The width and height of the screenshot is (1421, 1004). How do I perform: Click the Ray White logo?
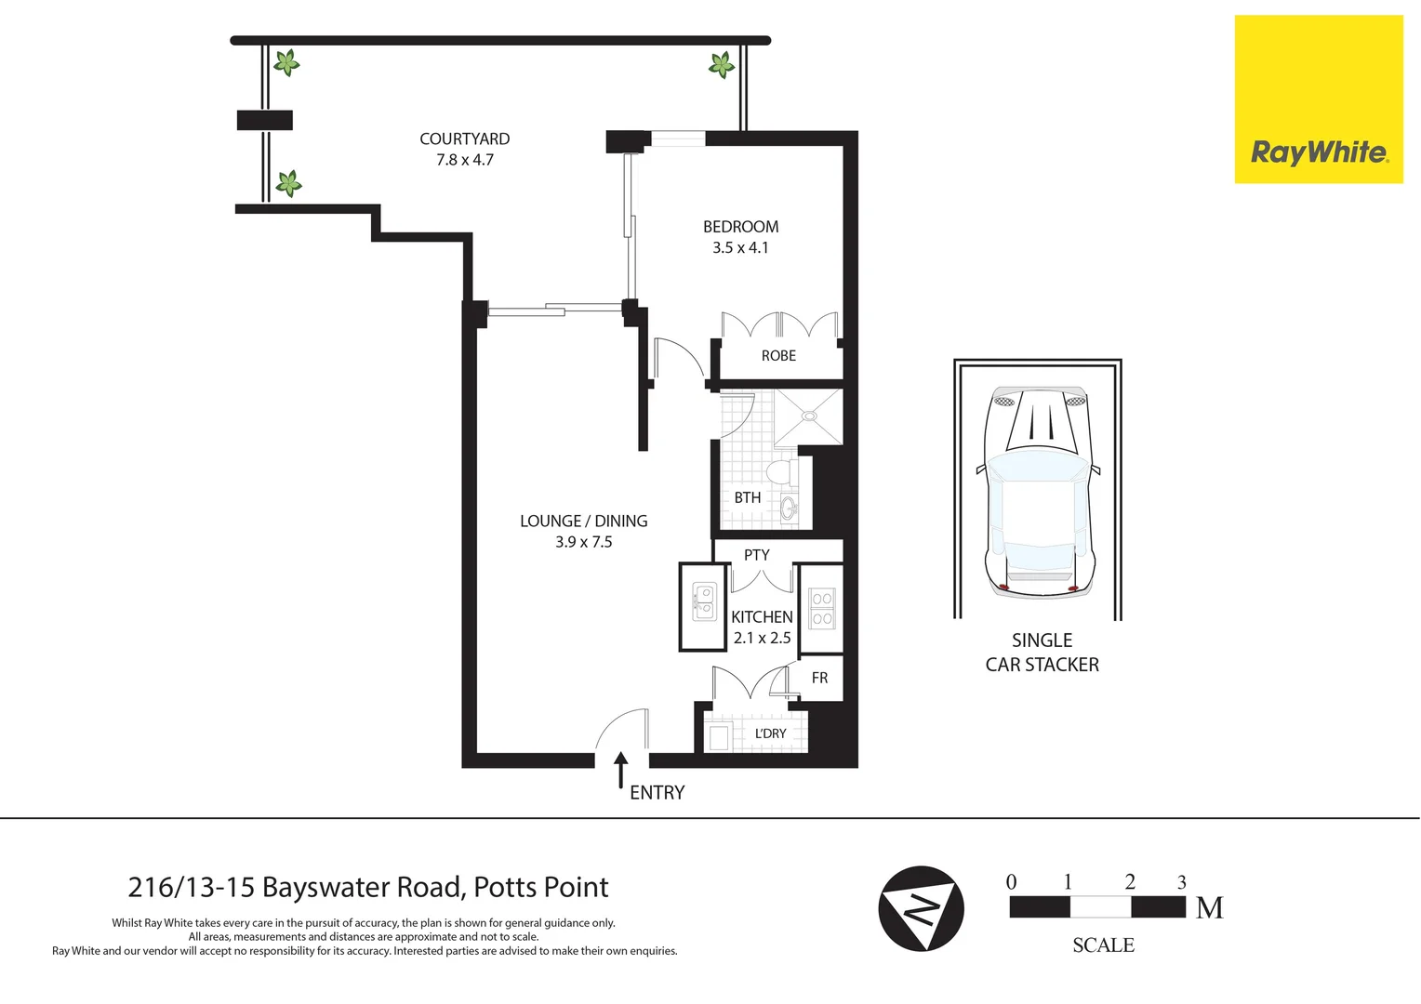tap(1318, 99)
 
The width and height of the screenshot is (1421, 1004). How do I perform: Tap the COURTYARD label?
tap(464, 139)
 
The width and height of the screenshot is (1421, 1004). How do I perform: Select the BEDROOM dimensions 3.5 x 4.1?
tap(740, 248)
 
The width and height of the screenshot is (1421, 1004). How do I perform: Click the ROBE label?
tap(778, 356)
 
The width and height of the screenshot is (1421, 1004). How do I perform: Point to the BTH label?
tap(747, 498)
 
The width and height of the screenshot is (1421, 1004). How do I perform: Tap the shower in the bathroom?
tap(808, 416)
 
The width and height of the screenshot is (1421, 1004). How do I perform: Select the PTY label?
tap(756, 555)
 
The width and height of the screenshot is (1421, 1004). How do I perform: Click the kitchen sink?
tap(704, 601)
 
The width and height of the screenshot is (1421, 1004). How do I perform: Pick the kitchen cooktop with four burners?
tap(821, 609)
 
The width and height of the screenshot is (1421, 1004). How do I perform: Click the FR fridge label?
tap(819, 679)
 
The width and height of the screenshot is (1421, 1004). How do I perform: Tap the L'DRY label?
tap(770, 734)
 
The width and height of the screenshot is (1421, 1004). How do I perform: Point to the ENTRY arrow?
tap(620, 771)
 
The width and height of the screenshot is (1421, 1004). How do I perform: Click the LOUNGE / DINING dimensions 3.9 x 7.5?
tap(583, 543)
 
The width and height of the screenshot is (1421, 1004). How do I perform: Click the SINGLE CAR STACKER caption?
tap(1042, 653)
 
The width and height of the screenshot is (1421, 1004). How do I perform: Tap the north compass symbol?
tap(921, 908)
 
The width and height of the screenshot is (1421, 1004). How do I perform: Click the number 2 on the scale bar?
tap(1129, 882)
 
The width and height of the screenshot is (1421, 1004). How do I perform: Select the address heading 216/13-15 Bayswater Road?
tap(368, 888)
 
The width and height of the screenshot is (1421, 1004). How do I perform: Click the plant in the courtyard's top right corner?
tap(722, 65)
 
